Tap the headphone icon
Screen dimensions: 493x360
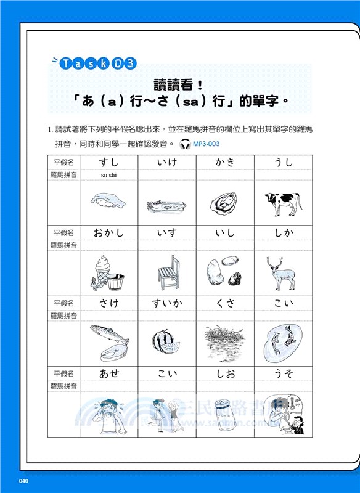click(x=184, y=144)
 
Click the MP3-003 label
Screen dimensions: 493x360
click(x=206, y=144)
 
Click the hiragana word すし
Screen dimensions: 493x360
click(x=109, y=163)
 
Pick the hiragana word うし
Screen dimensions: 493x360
click(x=283, y=163)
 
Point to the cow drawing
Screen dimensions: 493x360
click(x=283, y=203)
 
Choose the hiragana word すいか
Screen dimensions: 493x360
click(x=167, y=303)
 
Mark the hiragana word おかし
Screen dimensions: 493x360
click(x=108, y=233)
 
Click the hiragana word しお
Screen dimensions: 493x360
click(x=225, y=373)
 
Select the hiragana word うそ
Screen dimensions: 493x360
click(x=283, y=373)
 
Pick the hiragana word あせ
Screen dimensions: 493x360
click(x=109, y=373)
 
